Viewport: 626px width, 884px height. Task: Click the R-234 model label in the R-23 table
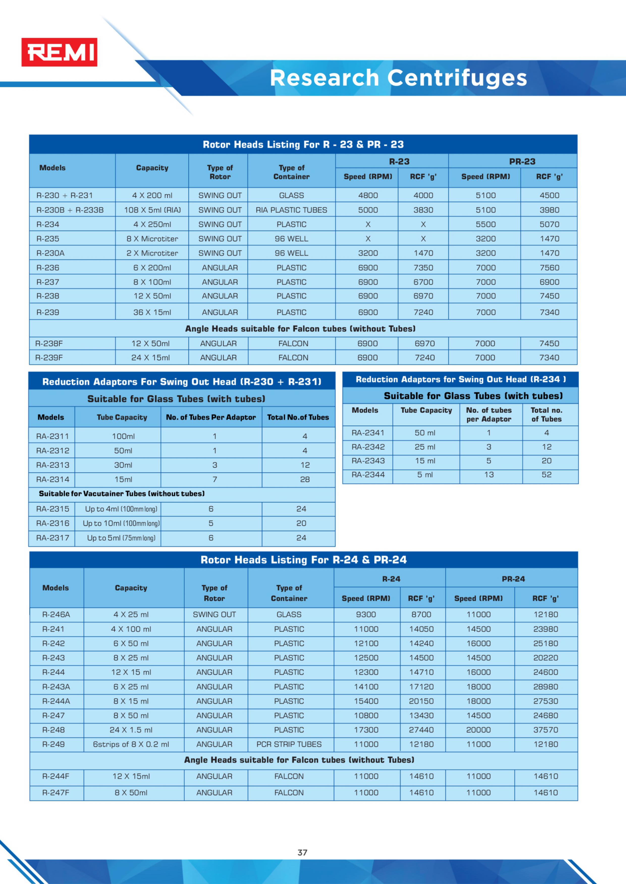point(48,224)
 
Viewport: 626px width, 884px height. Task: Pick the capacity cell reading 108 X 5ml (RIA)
point(152,210)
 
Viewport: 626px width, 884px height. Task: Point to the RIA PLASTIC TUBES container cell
point(291,210)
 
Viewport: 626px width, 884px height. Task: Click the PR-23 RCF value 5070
point(549,224)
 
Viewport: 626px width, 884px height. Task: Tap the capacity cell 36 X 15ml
point(152,312)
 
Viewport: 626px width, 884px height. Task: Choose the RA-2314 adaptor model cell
point(53,479)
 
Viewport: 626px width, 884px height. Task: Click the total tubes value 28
point(305,479)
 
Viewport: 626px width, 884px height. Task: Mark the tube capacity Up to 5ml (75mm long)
point(121,538)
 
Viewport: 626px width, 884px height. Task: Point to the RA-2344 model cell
point(368,475)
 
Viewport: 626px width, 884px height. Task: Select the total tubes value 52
point(547,475)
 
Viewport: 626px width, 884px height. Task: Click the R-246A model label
point(56,614)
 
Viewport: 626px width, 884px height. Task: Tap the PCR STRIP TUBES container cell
point(289,744)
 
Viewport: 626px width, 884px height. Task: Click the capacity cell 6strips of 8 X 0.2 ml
point(131,744)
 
